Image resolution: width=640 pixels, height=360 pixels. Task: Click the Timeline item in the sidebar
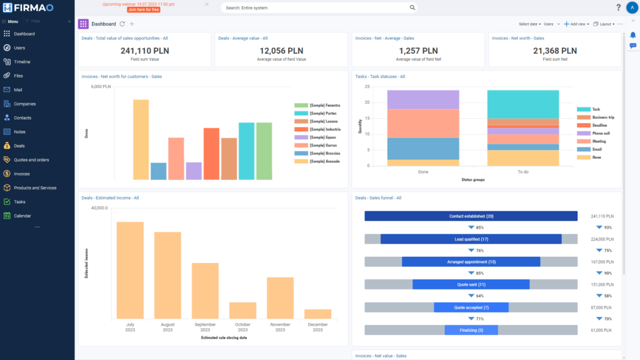(22, 62)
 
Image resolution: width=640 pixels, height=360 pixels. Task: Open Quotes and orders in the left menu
(31, 160)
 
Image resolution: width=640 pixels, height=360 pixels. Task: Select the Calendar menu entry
(22, 216)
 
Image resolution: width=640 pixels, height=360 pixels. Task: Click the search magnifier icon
(412, 8)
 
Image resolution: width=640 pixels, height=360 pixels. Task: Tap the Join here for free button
(142, 10)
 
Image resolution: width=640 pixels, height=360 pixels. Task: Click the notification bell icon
(632, 35)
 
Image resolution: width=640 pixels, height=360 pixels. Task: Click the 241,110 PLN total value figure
(144, 51)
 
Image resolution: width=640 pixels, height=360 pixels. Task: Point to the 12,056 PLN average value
(281, 51)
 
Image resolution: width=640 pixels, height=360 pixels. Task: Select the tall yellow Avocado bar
(141, 139)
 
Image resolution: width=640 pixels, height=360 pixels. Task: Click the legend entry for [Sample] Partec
(322, 113)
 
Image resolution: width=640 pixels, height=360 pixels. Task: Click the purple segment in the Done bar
(423, 99)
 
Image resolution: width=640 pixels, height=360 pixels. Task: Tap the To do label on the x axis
(522, 171)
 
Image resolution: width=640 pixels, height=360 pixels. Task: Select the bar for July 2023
(130, 270)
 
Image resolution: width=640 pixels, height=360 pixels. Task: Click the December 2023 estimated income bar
(317, 314)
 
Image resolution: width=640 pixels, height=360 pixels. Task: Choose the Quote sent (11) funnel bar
(471, 284)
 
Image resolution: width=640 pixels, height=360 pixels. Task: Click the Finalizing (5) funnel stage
(471, 330)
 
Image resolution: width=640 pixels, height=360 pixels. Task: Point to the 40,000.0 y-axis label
(99, 208)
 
